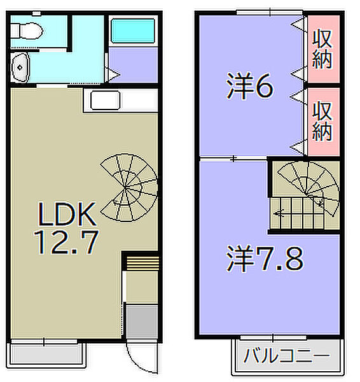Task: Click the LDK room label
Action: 66,216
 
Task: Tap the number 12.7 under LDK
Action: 66,242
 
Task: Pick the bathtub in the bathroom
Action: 132,31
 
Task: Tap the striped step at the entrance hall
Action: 141,263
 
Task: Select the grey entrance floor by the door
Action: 141,323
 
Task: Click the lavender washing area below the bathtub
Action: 132,65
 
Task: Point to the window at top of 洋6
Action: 268,11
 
